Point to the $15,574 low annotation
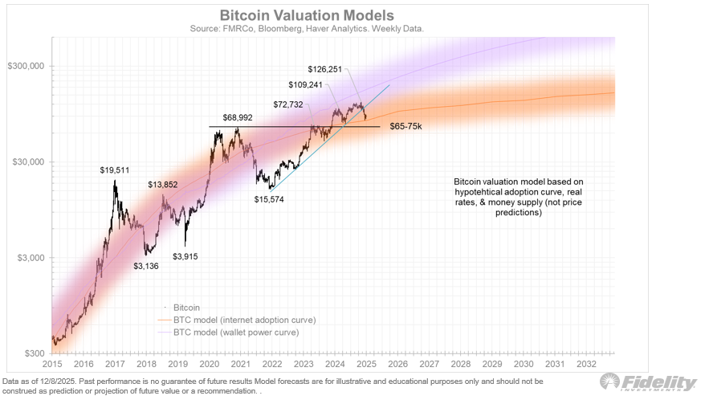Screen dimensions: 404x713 click(x=270, y=198)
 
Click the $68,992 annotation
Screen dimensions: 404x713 click(x=232, y=118)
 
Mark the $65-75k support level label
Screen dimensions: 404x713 click(x=406, y=127)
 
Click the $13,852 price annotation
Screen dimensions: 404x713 click(x=162, y=185)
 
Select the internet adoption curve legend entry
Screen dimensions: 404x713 click(x=238, y=319)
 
